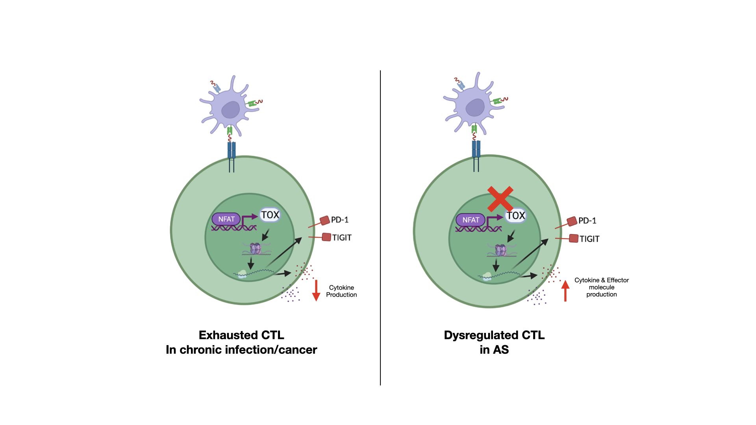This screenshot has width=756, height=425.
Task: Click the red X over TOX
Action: [500, 199]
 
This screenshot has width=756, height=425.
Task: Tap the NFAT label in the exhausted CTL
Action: [226, 219]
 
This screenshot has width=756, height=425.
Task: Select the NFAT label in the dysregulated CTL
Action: [471, 220]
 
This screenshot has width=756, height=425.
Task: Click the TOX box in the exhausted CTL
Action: [270, 215]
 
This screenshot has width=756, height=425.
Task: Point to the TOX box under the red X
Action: [516, 216]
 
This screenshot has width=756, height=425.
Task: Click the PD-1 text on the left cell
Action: [339, 220]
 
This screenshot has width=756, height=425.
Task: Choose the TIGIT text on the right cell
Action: [589, 239]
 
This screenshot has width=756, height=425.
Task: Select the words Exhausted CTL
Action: [241, 335]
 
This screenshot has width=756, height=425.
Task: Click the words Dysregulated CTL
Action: [494, 335]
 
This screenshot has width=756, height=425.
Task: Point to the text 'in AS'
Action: [494, 349]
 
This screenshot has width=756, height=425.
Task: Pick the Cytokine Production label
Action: [341, 291]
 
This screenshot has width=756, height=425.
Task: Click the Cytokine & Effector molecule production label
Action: [601, 287]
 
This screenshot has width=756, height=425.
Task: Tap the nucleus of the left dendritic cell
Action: [230, 110]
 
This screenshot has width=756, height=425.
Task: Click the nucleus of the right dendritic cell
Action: [475, 107]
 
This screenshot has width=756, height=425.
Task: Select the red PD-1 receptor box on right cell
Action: [572, 222]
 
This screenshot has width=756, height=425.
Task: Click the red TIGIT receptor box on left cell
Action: [326, 237]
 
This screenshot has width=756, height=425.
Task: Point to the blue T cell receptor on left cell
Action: [232, 150]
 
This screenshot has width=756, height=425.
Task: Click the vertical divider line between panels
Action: [380, 228]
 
